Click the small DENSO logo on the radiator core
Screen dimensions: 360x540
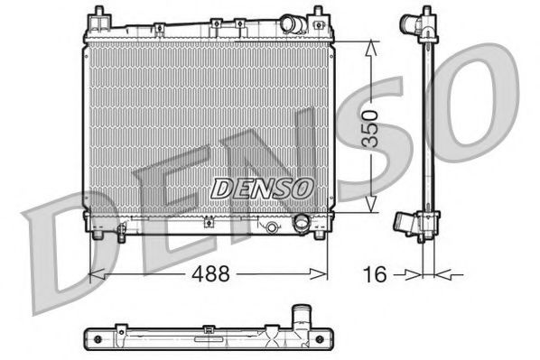(262, 189)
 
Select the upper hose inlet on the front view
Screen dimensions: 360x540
(291, 23)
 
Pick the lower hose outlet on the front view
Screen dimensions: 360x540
(301, 223)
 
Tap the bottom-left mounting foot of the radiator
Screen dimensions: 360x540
(96, 236)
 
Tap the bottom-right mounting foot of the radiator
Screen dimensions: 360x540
(318, 236)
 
